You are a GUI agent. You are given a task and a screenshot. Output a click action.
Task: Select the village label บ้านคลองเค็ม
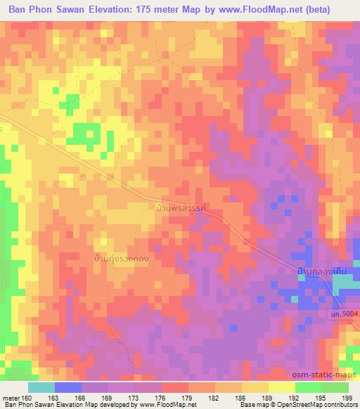[x=321, y=270]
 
